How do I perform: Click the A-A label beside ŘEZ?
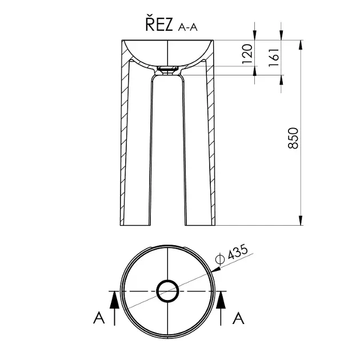click(187, 27)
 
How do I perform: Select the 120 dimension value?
click(247, 54)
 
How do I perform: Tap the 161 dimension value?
click(274, 57)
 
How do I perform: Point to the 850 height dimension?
click(293, 138)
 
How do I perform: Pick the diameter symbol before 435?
click(220, 259)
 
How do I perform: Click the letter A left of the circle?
click(99, 318)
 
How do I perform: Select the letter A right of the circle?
click(238, 318)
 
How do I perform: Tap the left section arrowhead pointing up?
click(114, 301)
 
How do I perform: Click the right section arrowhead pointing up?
click(221, 301)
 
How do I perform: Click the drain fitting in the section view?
click(167, 69)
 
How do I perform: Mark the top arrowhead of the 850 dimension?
click(301, 45)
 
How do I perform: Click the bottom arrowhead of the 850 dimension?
click(301, 221)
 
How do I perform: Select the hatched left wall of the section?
click(125, 133)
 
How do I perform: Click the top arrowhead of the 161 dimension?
click(281, 35)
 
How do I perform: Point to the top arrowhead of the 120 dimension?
click(255, 35)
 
